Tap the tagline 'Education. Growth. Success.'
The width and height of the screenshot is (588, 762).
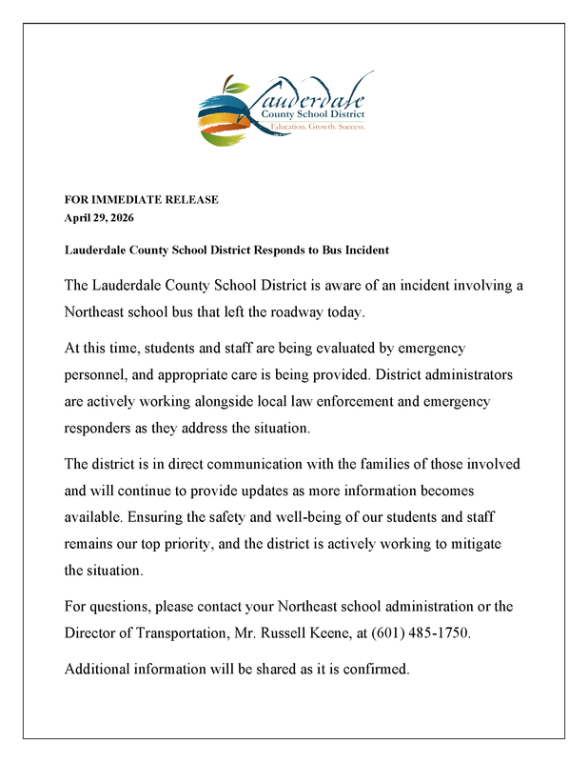click(x=317, y=126)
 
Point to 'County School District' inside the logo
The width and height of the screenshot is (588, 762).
click(x=319, y=112)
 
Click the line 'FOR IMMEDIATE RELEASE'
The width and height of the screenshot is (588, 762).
click(x=141, y=200)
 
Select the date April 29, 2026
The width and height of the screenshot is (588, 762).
click(x=99, y=218)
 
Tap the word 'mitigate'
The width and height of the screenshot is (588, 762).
click(x=474, y=543)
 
